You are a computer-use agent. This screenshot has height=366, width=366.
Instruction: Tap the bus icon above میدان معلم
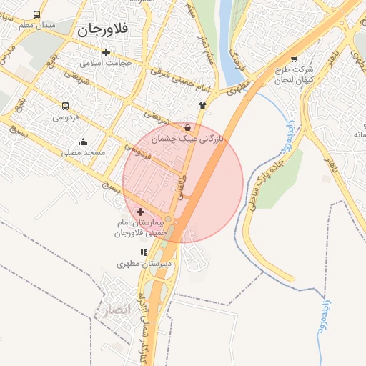tap(36, 14)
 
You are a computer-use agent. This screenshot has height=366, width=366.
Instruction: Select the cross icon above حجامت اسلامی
tap(107, 52)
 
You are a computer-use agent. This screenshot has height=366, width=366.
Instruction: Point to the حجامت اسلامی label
tap(107, 63)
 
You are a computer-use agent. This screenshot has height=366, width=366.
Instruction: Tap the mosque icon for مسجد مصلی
tap(84, 142)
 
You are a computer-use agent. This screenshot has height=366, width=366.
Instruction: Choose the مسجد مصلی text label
tap(84, 152)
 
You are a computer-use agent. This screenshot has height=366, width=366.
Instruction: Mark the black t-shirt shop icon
tap(203, 104)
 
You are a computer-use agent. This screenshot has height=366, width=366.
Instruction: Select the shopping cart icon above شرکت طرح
tap(294, 59)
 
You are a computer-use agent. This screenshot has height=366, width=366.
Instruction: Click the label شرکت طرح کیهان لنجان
tap(294, 74)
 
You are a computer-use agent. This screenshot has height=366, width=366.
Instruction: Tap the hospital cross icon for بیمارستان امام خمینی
tap(140, 212)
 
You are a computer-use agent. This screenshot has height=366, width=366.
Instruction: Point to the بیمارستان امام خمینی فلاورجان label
tap(141, 229)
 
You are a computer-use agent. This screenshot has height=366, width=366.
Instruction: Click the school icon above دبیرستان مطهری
tap(144, 252)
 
